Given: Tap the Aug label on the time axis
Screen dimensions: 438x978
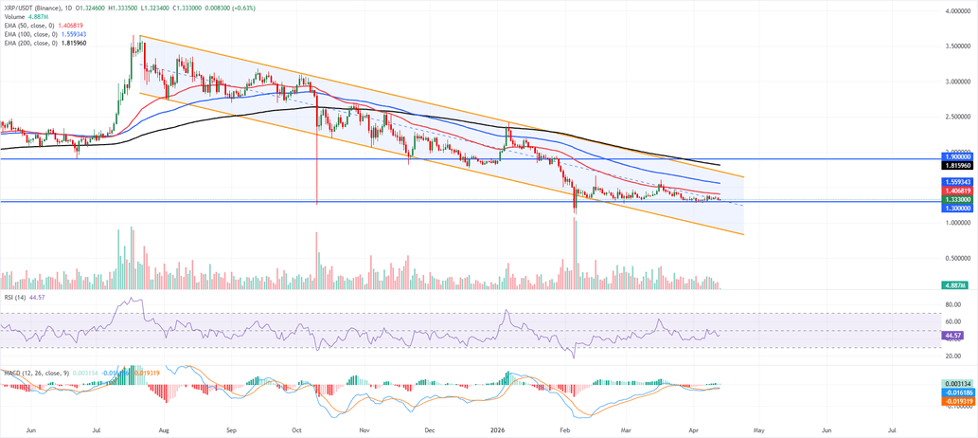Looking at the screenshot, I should point(164,429).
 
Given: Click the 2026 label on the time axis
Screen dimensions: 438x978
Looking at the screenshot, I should point(497,429).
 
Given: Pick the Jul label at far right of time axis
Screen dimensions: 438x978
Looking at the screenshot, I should point(893,429).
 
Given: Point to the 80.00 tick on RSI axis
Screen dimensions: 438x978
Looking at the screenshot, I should point(952,305).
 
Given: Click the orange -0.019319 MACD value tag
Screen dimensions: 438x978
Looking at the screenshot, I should point(957,401).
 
